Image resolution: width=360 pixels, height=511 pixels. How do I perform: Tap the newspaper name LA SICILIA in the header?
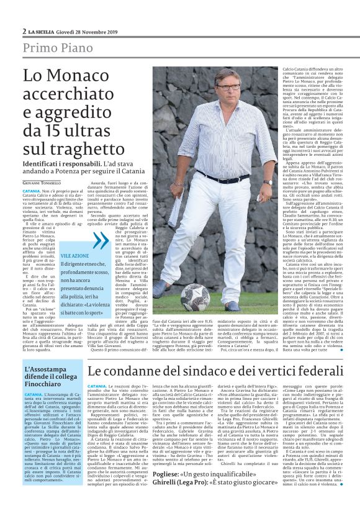point(43,31)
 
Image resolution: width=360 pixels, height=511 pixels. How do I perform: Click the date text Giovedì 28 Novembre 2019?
point(86,31)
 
